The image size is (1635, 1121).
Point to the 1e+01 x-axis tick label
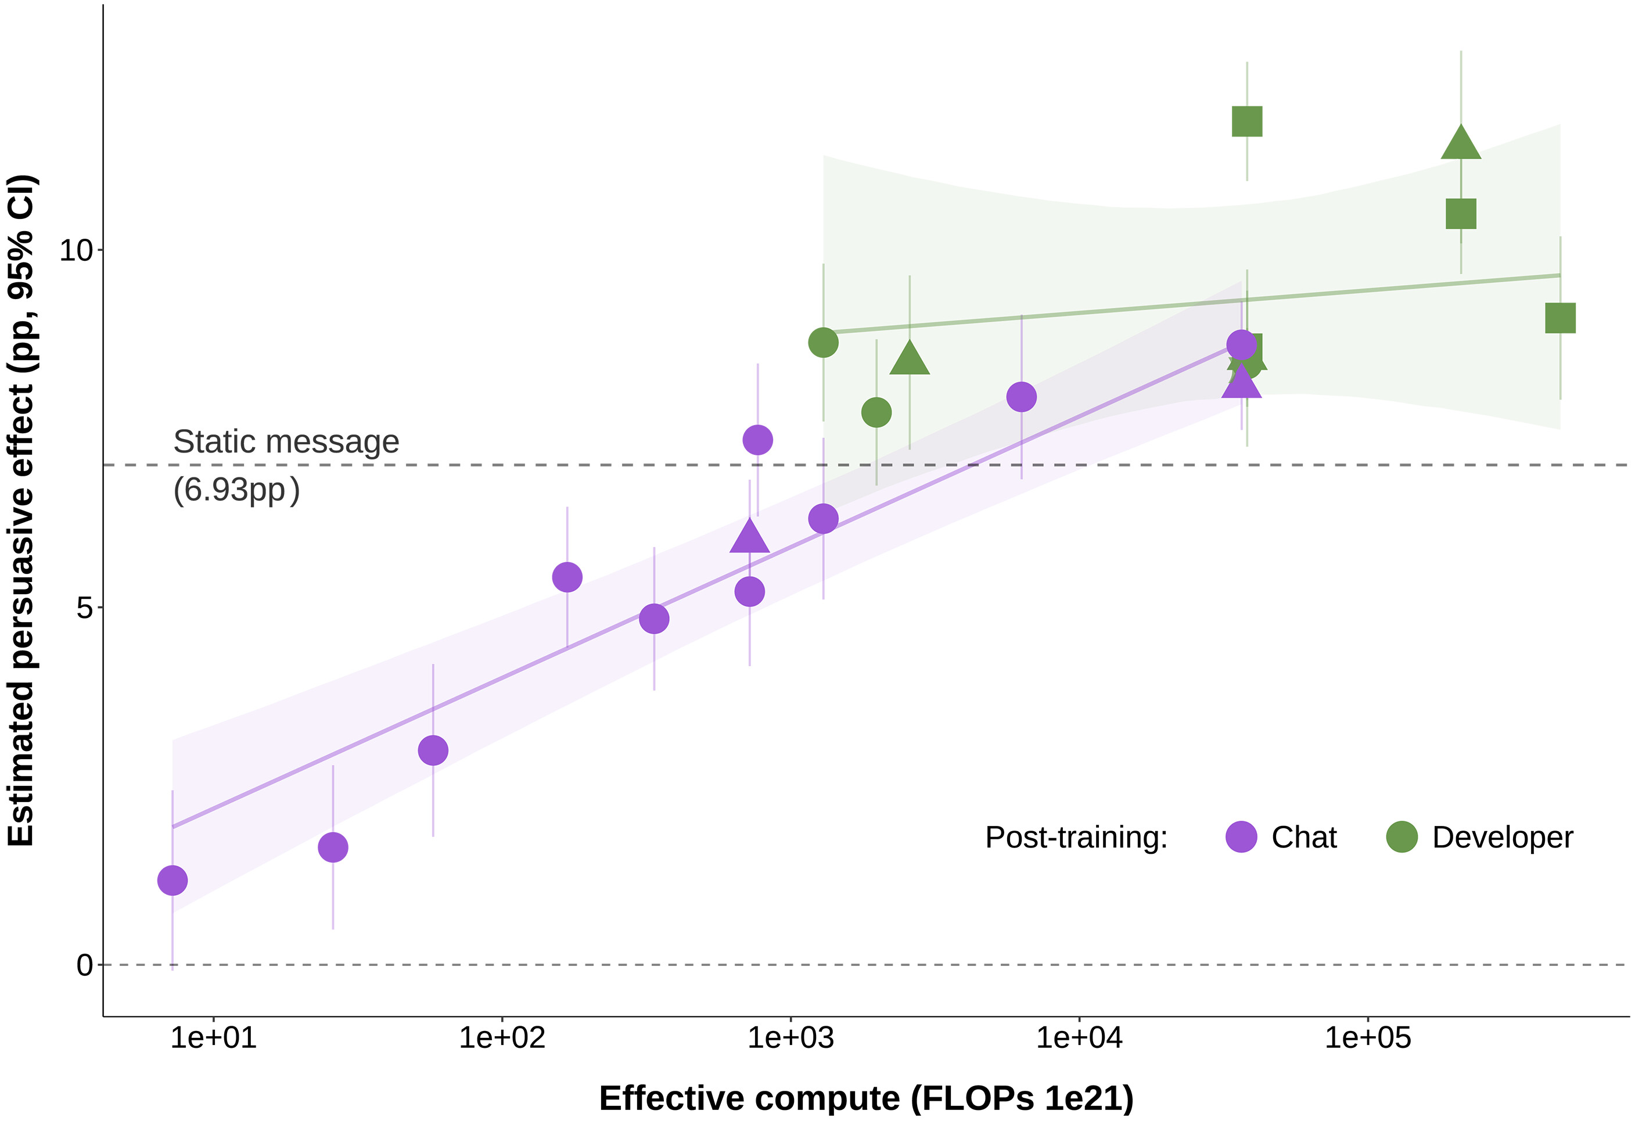213,1038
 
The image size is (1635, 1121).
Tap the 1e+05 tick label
1368,1038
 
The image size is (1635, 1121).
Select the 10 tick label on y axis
76,250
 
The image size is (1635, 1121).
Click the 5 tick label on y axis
84,608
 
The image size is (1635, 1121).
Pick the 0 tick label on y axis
84,965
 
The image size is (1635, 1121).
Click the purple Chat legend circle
1241,837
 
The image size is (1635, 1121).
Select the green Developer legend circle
1402,837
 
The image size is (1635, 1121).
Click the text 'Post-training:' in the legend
1076,838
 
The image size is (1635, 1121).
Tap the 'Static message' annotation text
286,442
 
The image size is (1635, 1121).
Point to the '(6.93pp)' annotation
236,490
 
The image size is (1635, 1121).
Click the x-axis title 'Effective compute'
866,1098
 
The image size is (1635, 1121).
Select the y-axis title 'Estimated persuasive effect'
21,510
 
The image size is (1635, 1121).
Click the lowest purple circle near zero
173,881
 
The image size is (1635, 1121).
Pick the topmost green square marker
1248,122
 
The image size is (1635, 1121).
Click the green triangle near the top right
1461,143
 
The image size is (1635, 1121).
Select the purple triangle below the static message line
749,537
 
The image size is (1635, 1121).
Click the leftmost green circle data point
823,343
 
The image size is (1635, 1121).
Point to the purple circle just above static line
758,440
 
